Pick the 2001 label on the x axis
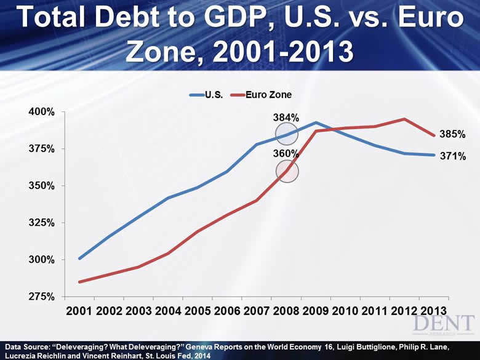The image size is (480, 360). (x=79, y=311)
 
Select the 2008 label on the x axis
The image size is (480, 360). (x=286, y=311)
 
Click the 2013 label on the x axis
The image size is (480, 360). (x=434, y=311)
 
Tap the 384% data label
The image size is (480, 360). (x=286, y=118)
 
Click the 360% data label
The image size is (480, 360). (x=286, y=154)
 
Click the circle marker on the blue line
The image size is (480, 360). (x=287, y=134)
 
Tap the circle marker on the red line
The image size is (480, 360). (x=287, y=171)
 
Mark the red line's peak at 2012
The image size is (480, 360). (x=404, y=119)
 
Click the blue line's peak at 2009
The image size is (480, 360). (x=316, y=122)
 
